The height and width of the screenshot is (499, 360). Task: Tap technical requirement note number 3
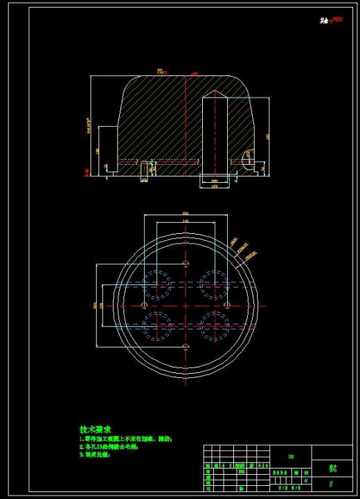pyautogui.click(x=100, y=455)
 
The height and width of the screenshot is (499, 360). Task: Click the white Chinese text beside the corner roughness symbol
pyautogui.click(x=323, y=21)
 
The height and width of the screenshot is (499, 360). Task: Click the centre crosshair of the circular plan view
pyautogui.click(x=185, y=305)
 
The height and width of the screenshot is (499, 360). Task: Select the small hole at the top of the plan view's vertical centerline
pyautogui.click(x=185, y=264)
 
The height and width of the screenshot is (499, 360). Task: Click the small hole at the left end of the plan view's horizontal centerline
pyautogui.click(x=144, y=305)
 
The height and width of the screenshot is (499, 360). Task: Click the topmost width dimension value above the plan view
pyautogui.click(x=185, y=213)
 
